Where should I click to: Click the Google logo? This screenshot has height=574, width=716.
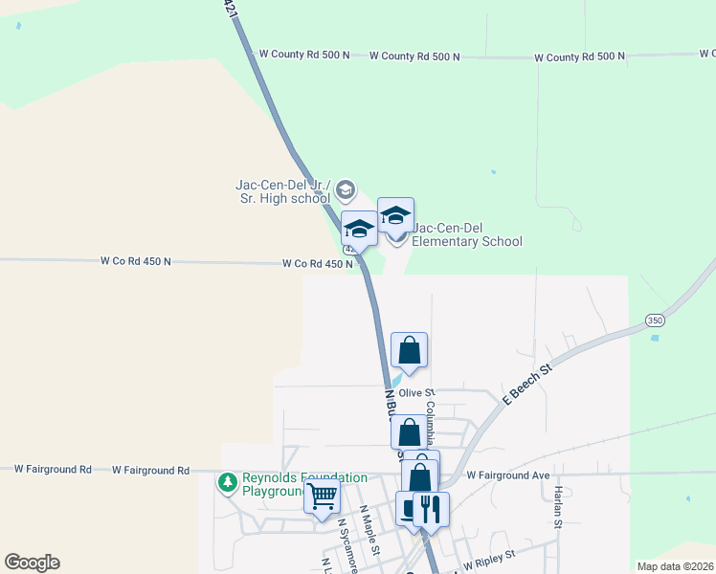[x=32, y=563]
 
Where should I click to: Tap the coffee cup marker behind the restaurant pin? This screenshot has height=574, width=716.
[x=412, y=509]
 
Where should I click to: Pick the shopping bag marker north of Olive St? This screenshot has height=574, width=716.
[x=409, y=351]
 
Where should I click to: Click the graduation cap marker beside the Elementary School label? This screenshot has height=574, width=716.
[x=395, y=215]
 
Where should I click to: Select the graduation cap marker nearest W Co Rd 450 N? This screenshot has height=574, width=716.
[x=359, y=229]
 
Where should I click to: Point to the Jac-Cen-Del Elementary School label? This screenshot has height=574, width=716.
[x=466, y=235]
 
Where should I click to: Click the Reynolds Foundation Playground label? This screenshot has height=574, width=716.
[x=304, y=484]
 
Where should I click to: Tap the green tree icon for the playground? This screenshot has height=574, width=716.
[x=228, y=484]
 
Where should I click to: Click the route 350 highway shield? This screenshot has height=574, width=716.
[x=654, y=320]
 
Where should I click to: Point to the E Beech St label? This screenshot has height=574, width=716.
[x=527, y=384]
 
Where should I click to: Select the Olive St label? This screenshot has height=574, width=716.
[x=416, y=393]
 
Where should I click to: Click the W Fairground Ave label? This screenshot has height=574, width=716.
[x=508, y=475]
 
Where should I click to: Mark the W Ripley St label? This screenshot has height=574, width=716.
[x=489, y=555]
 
